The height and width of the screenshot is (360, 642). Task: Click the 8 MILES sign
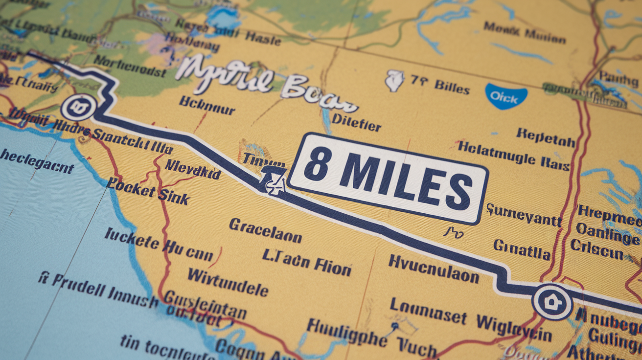[x=388, y=179]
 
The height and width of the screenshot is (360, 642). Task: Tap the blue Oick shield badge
[x=505, y=95]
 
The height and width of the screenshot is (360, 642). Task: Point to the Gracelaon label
[x=265, y=230]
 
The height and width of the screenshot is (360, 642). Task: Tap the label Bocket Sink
[x=148, y=191]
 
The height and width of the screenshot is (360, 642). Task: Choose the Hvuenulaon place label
[x=434, y=269]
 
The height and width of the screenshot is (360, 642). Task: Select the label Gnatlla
[x=522, y=249]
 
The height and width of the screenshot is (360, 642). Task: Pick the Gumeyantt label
[x=524, y=215]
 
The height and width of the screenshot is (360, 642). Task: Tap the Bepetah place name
[x=545, y=138]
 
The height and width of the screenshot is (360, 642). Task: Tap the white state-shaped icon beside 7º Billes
[x=394, y=81]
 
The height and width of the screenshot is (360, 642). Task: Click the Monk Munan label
[x=525, y=33]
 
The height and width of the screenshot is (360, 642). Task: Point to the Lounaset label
[x=428, y=312]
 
